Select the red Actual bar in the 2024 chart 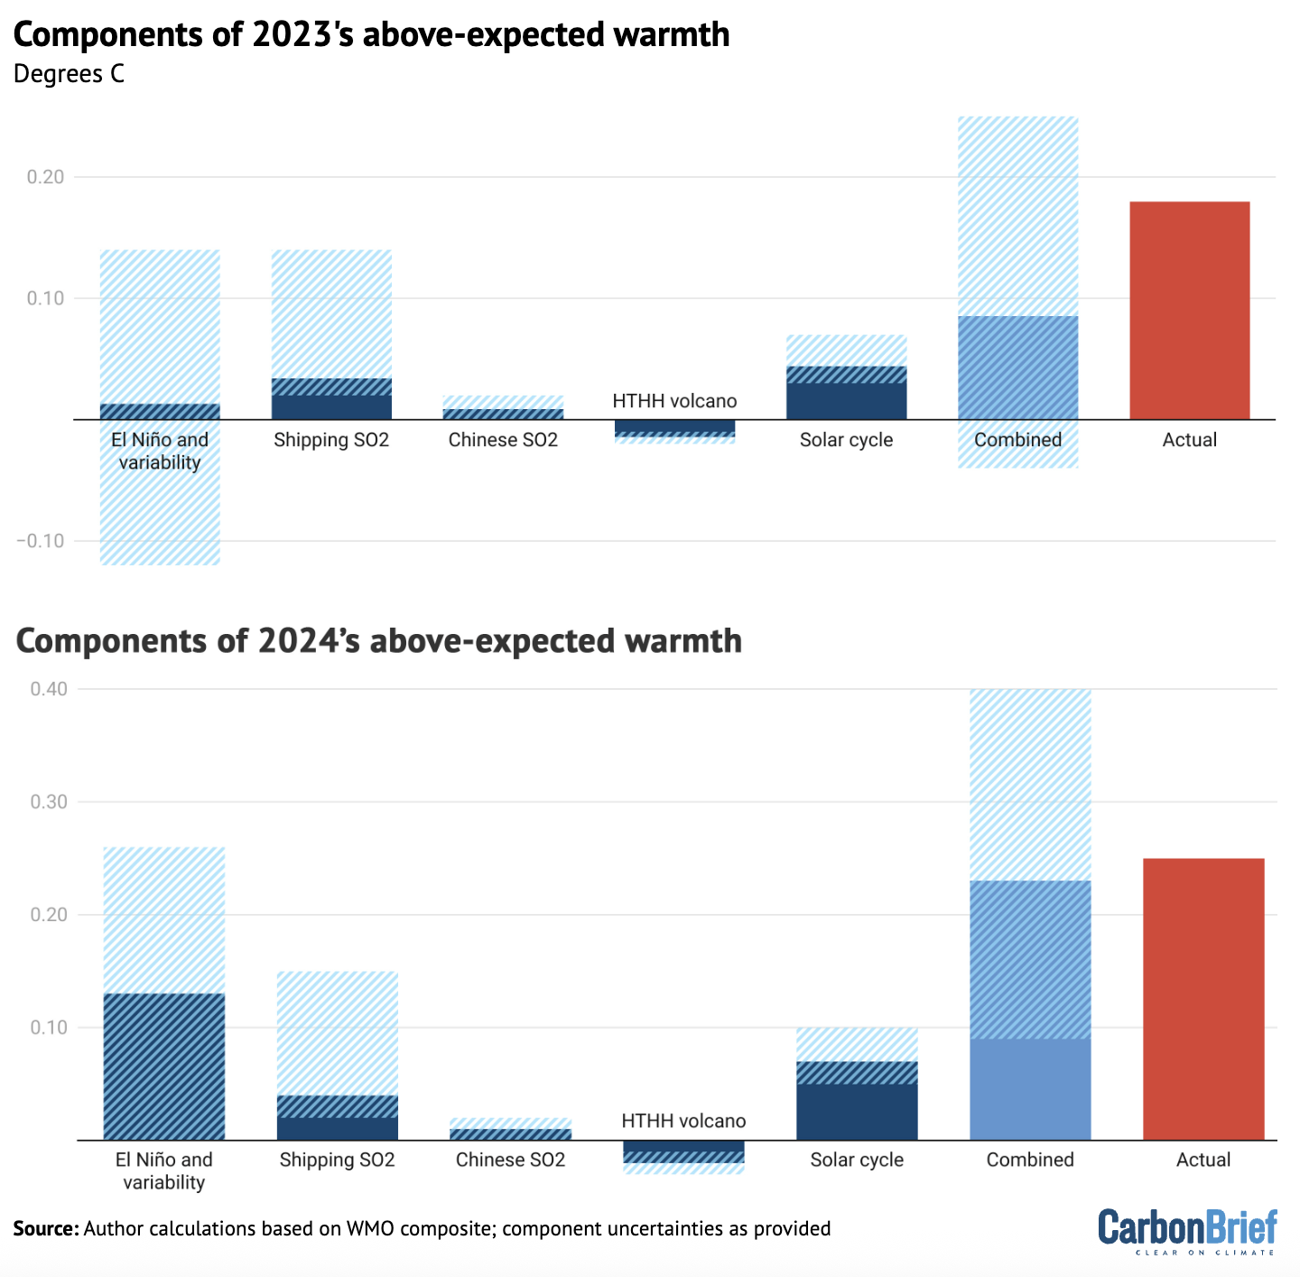coord(1202,998)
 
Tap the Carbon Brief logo coord(1187,1231)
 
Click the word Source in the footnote coord(45,1228)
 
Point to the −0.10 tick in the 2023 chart coord(40,541)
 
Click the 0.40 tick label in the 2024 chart coord(49,689)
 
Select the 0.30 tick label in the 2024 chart coord(49,802)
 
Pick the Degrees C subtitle coord(69,74)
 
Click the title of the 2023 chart coord(371,34)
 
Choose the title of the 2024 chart coord(379,640)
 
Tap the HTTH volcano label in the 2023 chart coord(674,401)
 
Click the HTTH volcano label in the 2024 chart coord(683,1121)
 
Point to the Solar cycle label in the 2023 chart coord(846,440)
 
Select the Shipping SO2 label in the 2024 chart coord(337,1160)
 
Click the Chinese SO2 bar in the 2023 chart coord(503,413)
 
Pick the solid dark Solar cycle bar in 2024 coord(857,1113)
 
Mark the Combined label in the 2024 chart coord(1030,1160)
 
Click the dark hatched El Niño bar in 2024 coord(164,1066)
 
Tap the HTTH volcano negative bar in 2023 coord(674,426)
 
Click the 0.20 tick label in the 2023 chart coord(46,177)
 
